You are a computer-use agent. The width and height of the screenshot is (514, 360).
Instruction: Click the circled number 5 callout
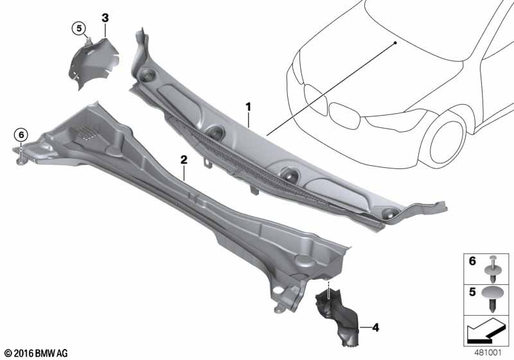coord(79,28)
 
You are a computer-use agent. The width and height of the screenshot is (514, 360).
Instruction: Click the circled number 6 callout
coord(21,135)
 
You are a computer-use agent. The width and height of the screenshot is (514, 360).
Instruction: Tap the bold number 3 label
coord(105,18)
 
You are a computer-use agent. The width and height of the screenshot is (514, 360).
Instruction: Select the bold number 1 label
coord(249,107)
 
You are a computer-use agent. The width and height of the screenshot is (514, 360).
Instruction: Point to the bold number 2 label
coord(184,160)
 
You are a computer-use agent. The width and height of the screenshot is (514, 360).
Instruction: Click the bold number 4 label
coord(375,327)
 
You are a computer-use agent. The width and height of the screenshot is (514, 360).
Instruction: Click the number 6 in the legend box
coord(472,261)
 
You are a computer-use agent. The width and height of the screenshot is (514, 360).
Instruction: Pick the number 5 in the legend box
coord(472,292)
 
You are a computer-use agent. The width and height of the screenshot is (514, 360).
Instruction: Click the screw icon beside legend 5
coord(492,298)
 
